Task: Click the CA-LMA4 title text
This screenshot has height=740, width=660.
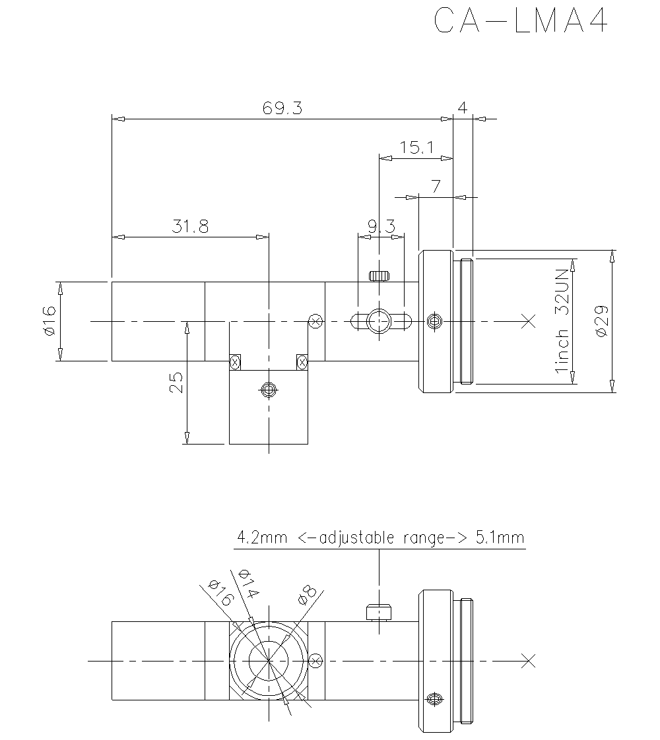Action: [520, 22]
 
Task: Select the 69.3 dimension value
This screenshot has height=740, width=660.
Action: [282, 109]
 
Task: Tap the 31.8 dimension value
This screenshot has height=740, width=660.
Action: [190, 227]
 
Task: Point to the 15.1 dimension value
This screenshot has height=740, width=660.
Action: [416, 148]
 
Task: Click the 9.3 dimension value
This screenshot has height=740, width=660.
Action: [381, 227]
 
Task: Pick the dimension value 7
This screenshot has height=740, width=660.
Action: [436, 187]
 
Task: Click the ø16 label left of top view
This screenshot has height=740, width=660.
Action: [49, 321]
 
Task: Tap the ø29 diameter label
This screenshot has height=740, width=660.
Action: [601, 322]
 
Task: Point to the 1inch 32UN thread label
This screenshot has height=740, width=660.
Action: [562, 321]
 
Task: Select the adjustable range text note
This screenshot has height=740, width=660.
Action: [380, 538]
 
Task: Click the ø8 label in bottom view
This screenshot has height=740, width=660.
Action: [308, 593]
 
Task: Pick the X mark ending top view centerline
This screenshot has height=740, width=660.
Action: [527, 321]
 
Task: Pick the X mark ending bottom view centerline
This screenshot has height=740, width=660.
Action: [527, 660]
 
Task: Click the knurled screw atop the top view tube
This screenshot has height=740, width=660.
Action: [379, 275]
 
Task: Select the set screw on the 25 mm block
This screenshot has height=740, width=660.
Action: [268, 390]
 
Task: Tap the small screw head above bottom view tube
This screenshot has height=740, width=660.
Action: [379, 613]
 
